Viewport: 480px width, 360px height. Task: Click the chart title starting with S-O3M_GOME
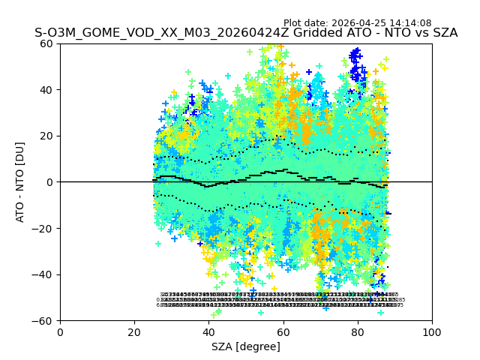point(246,33)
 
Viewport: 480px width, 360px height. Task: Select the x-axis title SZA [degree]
point(246,346)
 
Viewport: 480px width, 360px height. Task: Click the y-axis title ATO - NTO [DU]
point(20,181)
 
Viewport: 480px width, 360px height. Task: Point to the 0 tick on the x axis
point(60,331)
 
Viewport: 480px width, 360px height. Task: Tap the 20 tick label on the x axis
point(134,331)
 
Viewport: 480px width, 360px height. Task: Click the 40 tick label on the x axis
point(208,331)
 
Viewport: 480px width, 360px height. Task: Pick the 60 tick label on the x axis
point(283,331)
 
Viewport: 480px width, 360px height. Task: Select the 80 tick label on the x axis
point(358,331)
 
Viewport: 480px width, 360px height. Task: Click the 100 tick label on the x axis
point(432,331)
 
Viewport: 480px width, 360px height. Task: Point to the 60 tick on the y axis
point(46,43)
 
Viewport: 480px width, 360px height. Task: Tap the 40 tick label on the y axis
point(46,90)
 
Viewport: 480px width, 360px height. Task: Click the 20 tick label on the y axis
point(46,136)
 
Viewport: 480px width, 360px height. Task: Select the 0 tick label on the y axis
point(49,182)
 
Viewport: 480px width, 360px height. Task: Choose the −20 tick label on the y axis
point(43,228)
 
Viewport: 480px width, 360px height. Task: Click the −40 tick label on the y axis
point(43,274)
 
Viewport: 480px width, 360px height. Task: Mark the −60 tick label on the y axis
point(43,320)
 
